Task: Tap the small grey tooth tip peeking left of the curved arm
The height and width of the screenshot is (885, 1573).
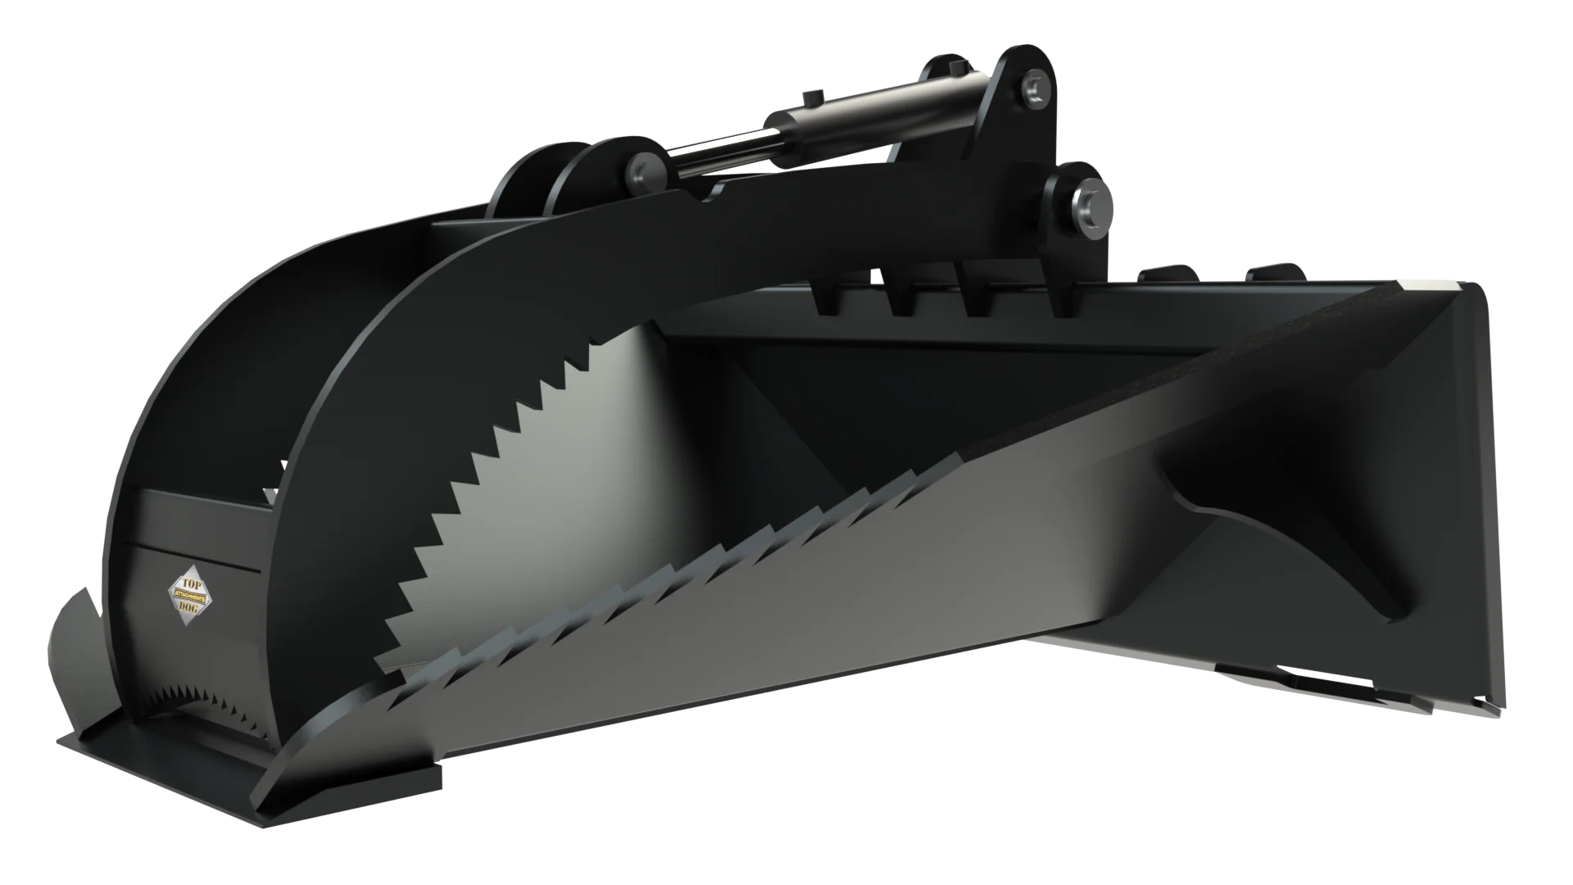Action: click(272, 496)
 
